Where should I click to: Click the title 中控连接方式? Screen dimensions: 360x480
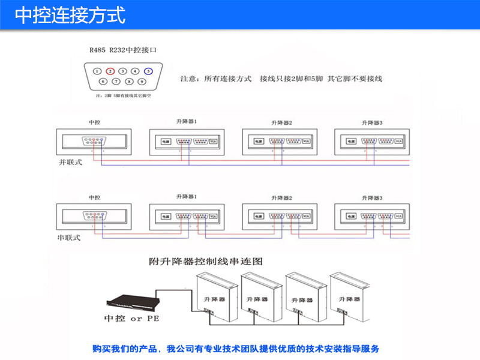[x=70, y=15]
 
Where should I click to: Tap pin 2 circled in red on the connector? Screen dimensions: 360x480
[x=110, y=71]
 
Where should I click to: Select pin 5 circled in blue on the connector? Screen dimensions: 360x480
[x=148, y=71]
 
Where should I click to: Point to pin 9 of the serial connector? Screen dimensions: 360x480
[x=142, y=81]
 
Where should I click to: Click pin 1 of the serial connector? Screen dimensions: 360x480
[x=97, y=71]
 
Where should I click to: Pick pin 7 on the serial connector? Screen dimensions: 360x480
[x=116, y=81]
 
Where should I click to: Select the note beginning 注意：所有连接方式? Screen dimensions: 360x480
[x=281, y=79]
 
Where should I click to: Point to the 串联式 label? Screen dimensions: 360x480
[x=68, y=238]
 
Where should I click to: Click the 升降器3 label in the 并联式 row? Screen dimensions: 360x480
[x=372, y=122]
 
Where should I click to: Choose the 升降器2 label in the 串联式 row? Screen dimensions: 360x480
[x=281, y=197]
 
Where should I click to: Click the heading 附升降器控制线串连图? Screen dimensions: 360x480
[x=206, y=262]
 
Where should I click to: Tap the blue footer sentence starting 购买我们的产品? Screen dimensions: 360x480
[x=236, y=349]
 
